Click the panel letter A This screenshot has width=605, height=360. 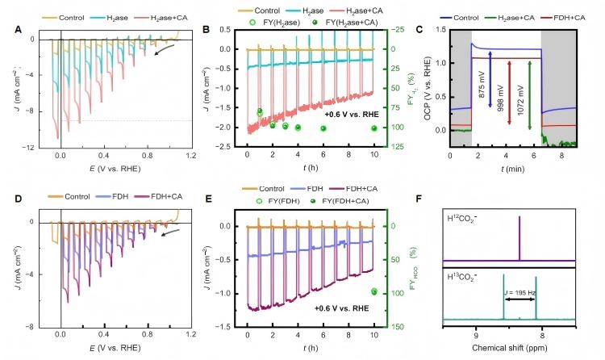pos(18,31)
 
